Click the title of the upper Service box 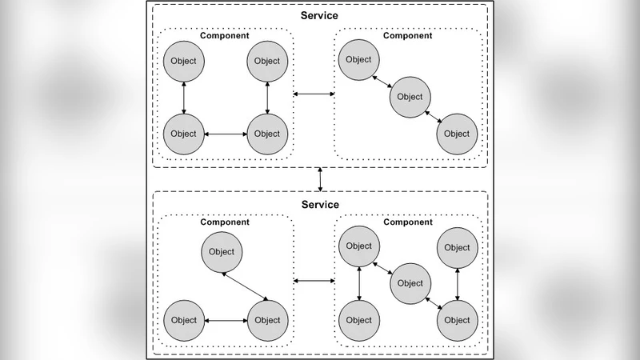coord(320,16)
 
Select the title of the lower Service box coord(320,205)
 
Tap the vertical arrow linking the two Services coord(320,179)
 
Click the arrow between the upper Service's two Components coord(314,95)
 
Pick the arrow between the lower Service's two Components coord(314,281)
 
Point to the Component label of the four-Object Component coord(223,36)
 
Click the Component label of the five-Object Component coord(408,222)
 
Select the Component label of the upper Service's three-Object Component coord(408,36)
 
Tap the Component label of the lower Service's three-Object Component coord(223,222)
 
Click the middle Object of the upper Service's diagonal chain coord(409,97)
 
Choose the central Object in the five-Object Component coord(409,282)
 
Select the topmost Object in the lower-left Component coord(222,251)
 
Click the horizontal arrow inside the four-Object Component coord(226,134)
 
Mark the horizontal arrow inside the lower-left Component coord(226,320)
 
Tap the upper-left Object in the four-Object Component coord(184,61)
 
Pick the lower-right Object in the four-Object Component coord(267,134)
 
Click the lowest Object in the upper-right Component coord(457,134)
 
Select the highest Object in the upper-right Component coord(358,60)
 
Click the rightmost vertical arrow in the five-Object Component coord(457,283)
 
